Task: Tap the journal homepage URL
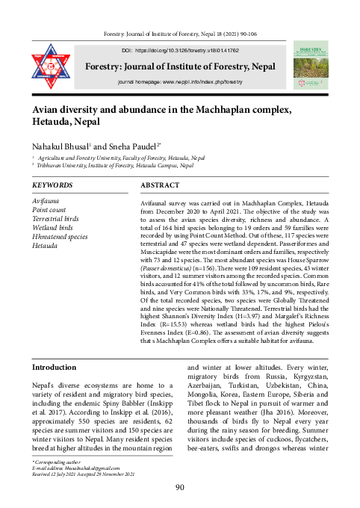click(180, 80)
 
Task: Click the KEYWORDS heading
click(52, 185)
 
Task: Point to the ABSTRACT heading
click(160, 185)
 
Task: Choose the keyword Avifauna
click(47, 202)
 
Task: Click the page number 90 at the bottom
click(179, 488)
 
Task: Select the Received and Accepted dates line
click(83, 474)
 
